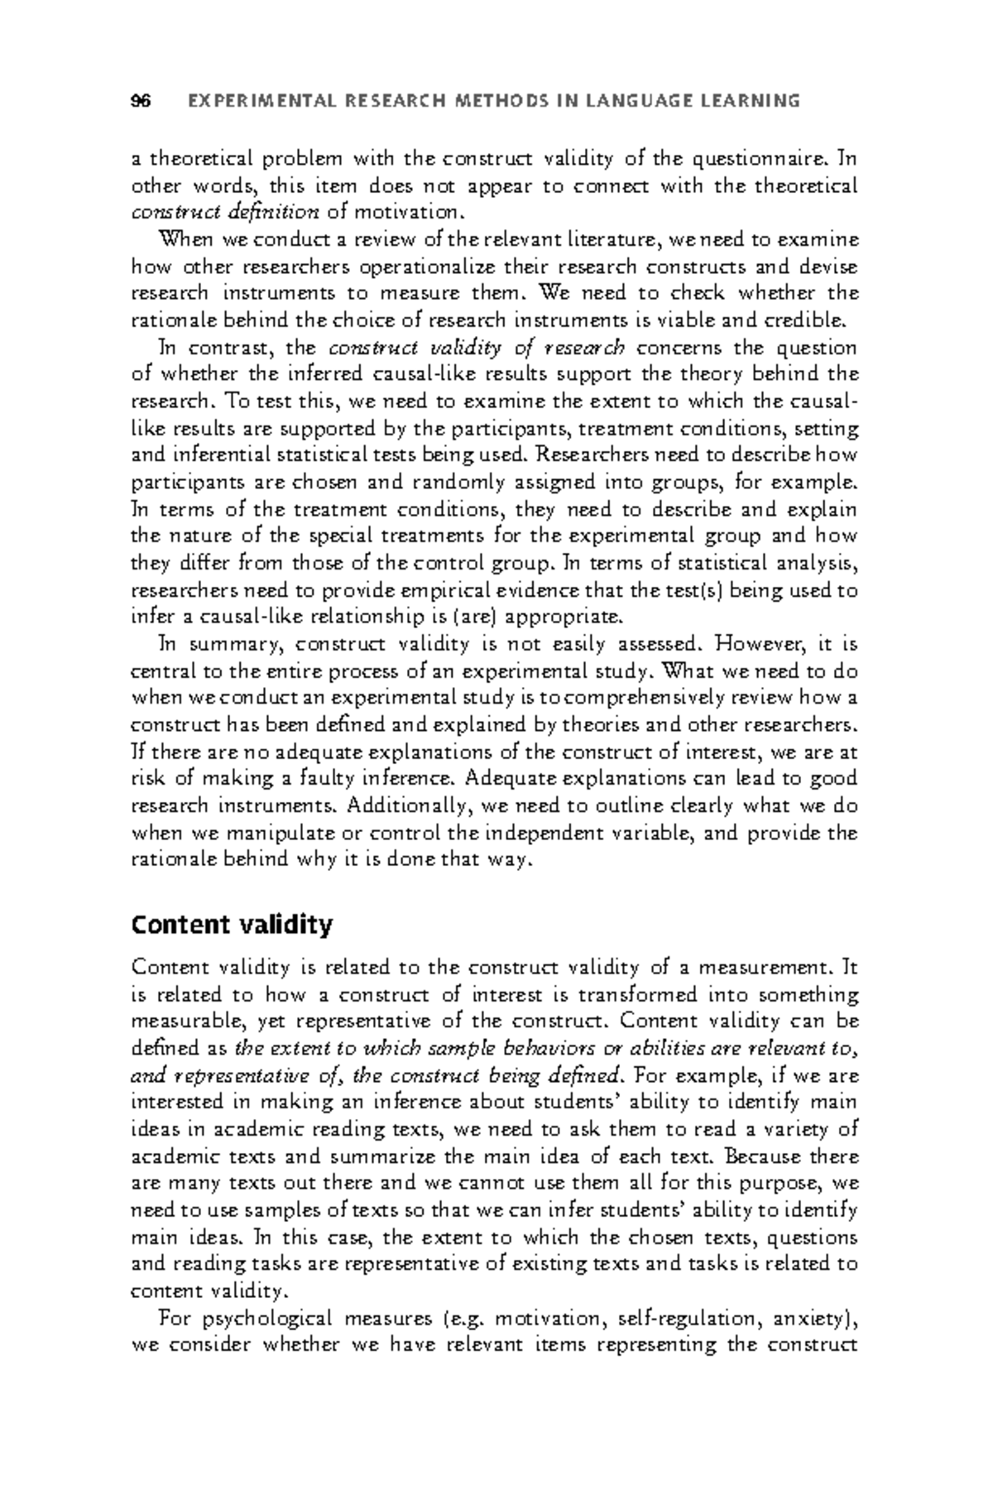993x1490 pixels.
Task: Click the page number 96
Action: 142,101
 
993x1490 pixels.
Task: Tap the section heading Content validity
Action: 232,924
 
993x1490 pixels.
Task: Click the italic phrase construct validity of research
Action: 477,347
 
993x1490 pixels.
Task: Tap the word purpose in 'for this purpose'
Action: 783,1184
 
